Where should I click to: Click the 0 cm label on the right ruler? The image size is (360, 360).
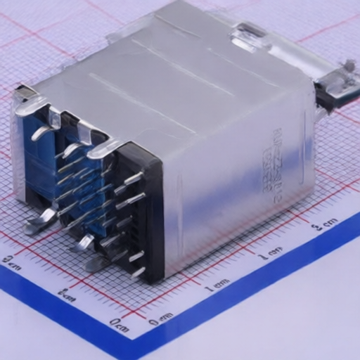(161, 318)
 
